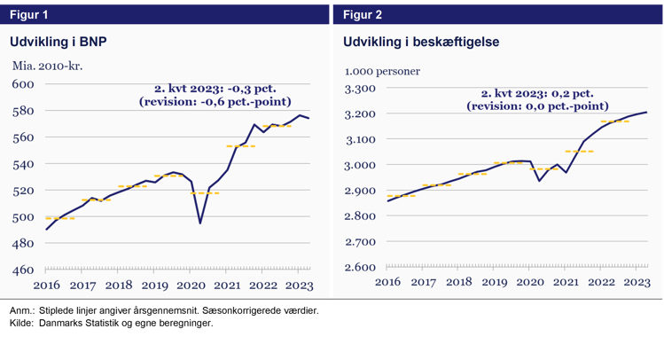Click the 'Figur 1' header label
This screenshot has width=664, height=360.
(28, 14)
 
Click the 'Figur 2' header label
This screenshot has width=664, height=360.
(362, 14)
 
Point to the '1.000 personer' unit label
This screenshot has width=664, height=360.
(382, 72)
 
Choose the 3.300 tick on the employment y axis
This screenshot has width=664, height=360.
(360, 89)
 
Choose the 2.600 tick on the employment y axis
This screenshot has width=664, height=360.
(360, 267)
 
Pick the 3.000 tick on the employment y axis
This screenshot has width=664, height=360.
(360, 165)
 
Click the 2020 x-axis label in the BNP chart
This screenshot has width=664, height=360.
(191, 286)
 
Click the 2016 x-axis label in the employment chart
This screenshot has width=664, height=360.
(387, 282)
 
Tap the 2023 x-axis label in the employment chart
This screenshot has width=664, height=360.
(637, 282)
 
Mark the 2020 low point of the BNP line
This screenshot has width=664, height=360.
(199, 223)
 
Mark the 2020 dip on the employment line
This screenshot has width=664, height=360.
(540, 180)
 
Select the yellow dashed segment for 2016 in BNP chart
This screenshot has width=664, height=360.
(59, 218)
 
